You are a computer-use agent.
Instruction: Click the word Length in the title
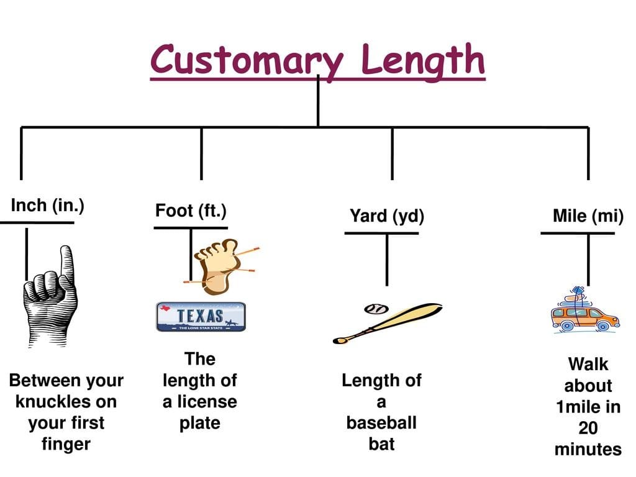click(x=422, y=60)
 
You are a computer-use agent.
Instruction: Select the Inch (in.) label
click(x=48, y=206)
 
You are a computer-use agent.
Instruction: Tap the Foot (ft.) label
click(x=191, y=211)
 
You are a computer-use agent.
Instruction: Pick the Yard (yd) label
click(x=387, y=216)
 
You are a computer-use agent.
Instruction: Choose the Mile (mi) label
click(x=588, y=216)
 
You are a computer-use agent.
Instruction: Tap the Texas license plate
click(x=201, y=317)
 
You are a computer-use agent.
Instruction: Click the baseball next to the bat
click(x=376, y=308)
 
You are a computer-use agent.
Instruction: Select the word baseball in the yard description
click(x=381, y=423)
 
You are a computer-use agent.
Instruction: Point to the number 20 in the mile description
click(x=588, y=428)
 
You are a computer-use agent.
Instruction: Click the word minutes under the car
click(x=588, y=449)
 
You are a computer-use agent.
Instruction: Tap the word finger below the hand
click(x=66, y=444)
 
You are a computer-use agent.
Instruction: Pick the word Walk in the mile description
click(x=588, y=364)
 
